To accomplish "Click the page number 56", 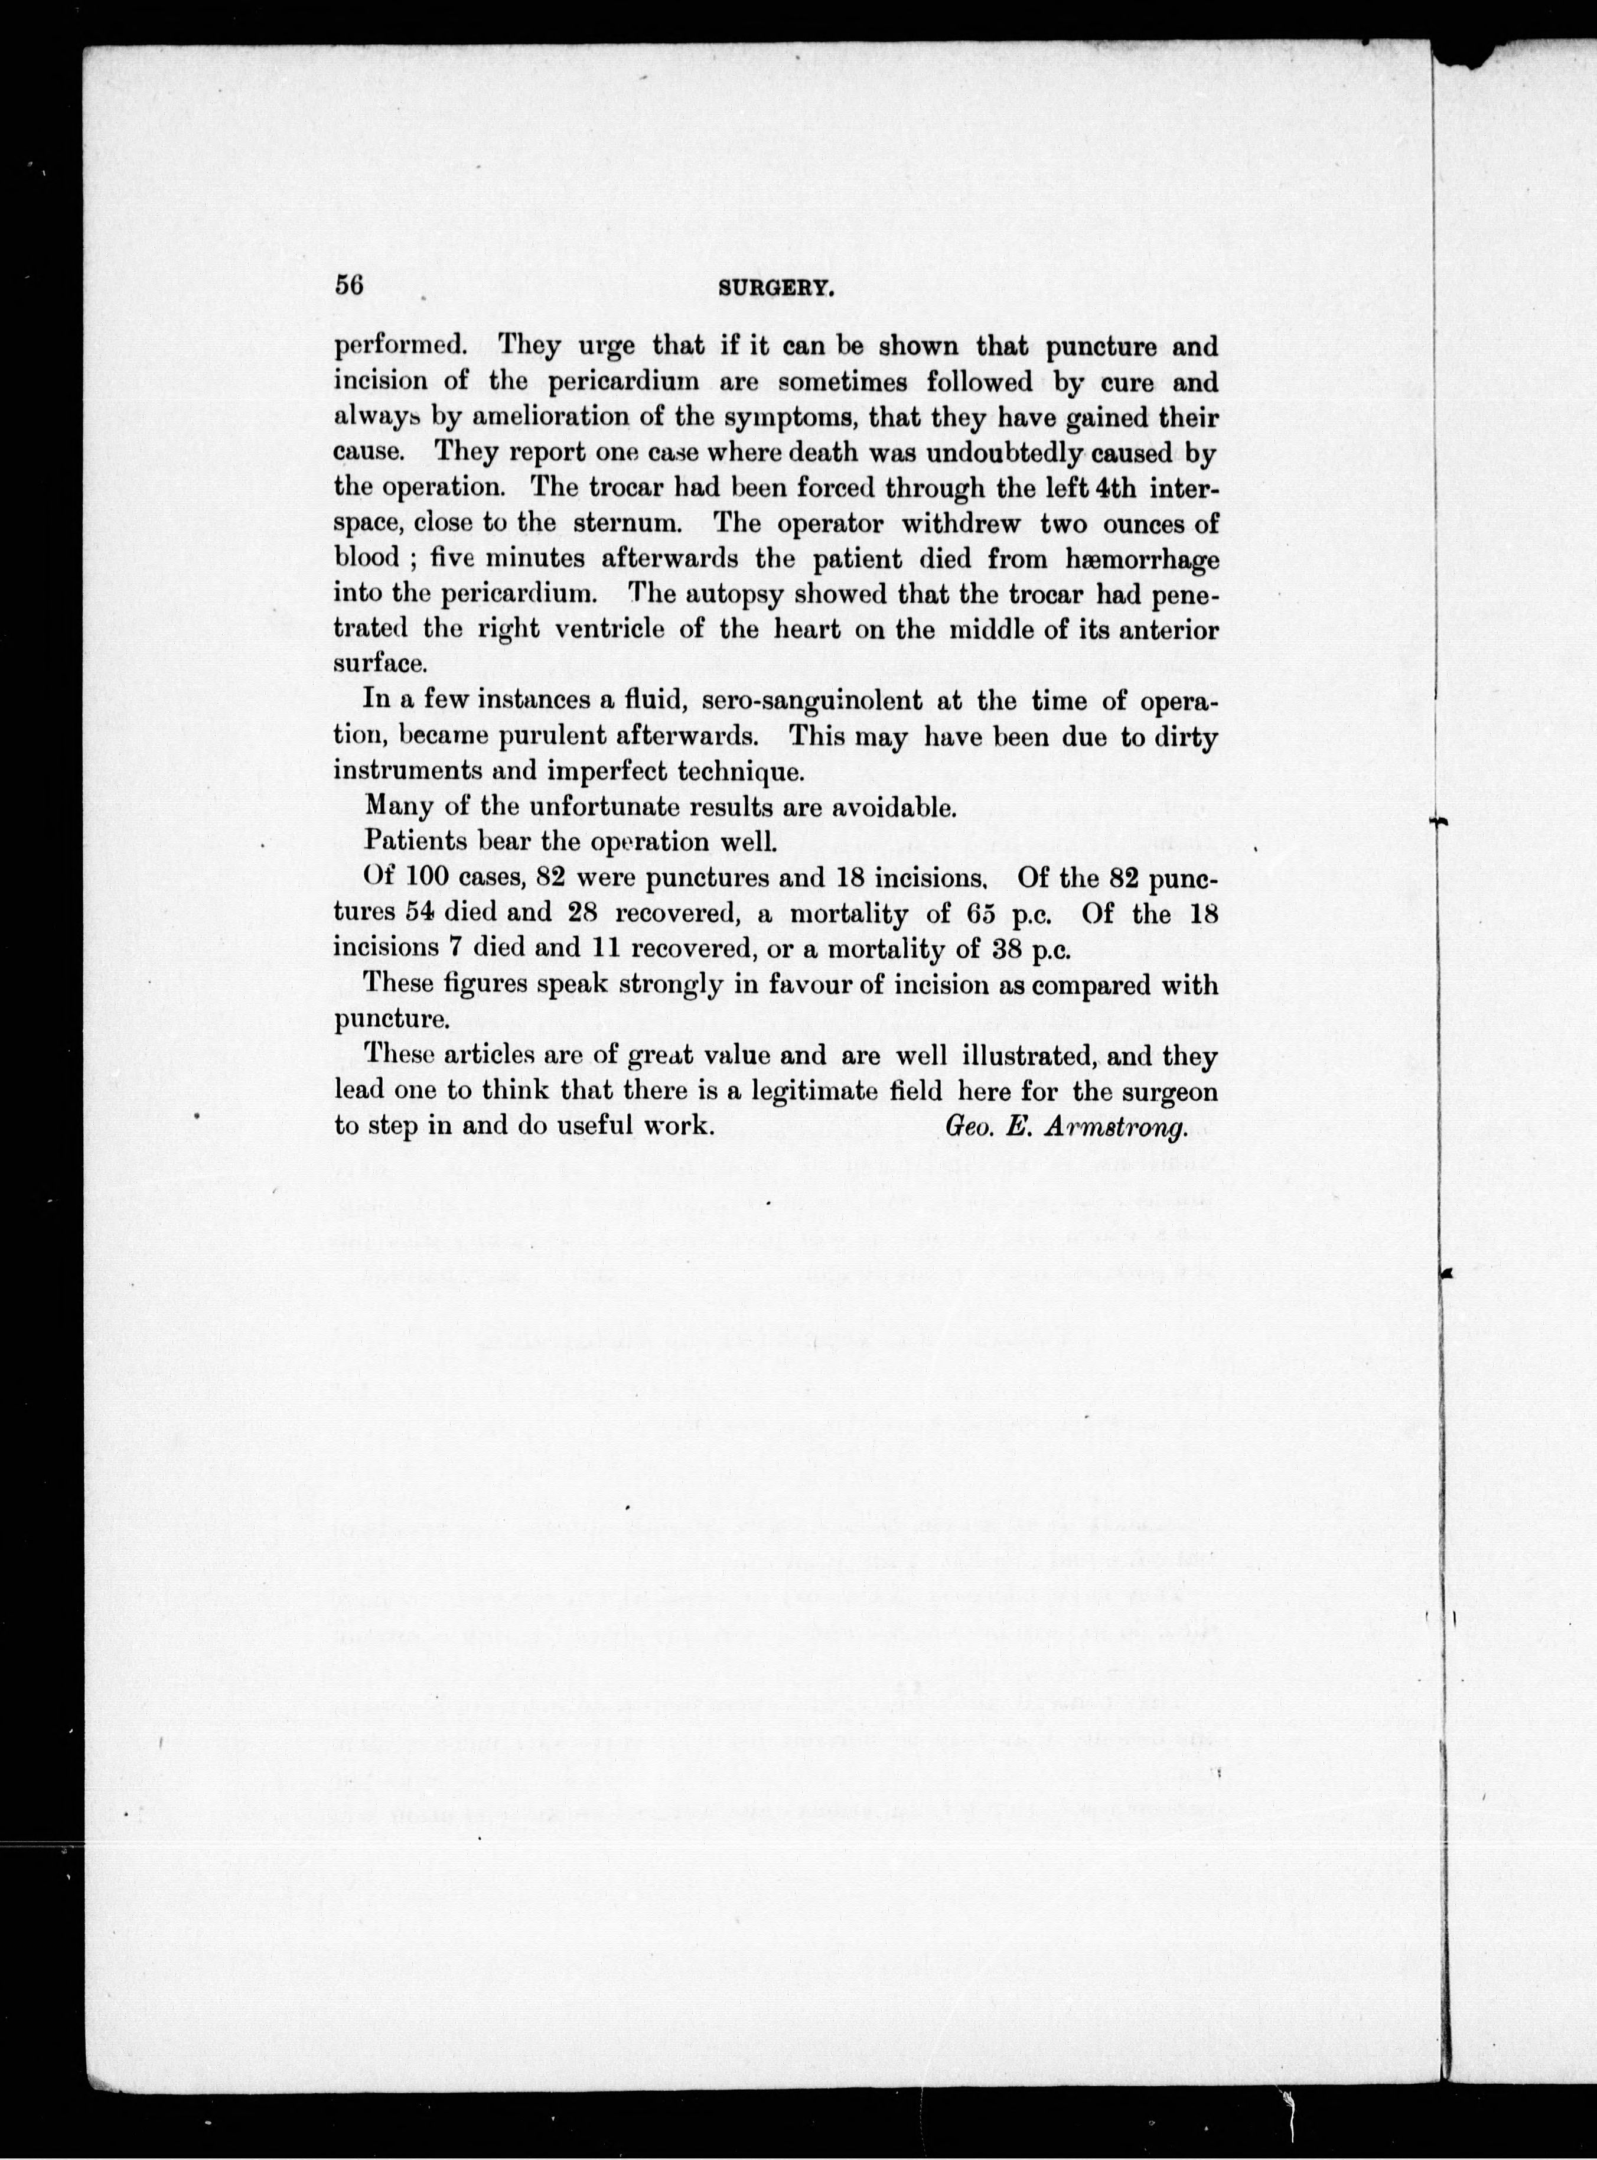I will tap(348, 285).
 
